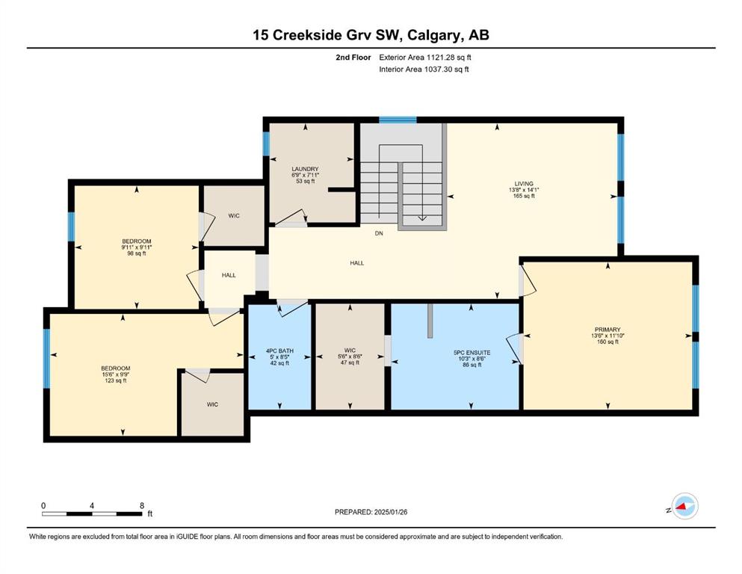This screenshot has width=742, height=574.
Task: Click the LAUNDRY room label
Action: click(305, 169)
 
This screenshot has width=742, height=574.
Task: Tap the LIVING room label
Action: click(524, 184)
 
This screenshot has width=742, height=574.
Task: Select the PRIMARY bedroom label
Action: click(607, 330)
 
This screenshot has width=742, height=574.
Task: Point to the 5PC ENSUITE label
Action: click(472, 353)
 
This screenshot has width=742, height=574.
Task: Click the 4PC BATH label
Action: click(279, 351)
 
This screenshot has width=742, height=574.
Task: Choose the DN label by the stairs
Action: click(379, 233)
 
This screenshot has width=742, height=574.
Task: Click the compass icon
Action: click(684, 507)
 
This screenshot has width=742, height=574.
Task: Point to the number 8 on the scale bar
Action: click(142, 505)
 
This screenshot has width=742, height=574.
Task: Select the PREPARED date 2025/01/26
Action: click(371, 512)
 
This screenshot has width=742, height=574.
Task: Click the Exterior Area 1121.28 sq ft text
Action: click(425, 58)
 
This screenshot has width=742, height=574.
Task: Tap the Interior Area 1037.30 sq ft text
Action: click(424, 69)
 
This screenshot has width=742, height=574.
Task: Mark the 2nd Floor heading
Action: click(353, 58)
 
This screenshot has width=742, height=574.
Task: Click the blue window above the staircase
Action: click(398, 120)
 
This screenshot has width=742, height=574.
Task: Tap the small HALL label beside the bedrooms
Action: click(229, 275)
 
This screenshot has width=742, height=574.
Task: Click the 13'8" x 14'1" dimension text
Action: click(524, 190)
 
